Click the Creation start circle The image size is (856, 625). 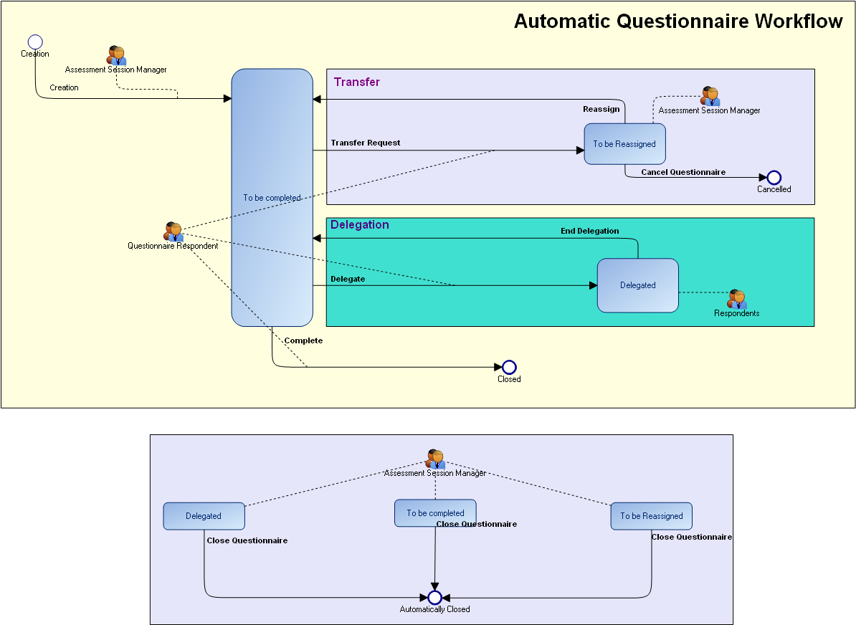tap(35, 42)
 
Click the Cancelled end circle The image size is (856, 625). tap(774, 178)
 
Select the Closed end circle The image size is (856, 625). tap(509, 368)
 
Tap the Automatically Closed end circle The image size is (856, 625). tap(434, 598)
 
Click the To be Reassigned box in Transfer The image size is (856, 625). tap(624, 144)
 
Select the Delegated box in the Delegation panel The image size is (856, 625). tap(637, 285)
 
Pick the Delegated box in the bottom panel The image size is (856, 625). tap(204, 516)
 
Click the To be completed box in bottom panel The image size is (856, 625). tap(435, 513)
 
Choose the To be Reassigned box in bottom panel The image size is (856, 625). tap(651, 516)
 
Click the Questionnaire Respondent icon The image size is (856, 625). tap(173, 232)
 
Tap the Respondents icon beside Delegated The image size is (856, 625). tap(736, 299)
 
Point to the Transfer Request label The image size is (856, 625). tap(366, 143)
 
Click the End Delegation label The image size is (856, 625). tap(589, 231)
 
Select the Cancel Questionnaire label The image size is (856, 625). tap(683, 172)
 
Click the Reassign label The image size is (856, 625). tap(601, 109)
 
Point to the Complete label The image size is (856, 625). tap(303, 340)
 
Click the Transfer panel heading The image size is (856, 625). tap(357, 82)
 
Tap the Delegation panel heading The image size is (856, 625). tap(360, 224)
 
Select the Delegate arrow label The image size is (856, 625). tap(348, 279)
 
